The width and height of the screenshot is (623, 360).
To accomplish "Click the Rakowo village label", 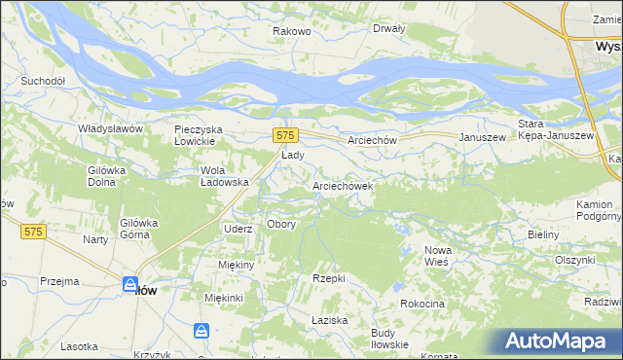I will click(x=291, y=32).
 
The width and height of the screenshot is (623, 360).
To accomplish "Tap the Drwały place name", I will click(x=388, y=28).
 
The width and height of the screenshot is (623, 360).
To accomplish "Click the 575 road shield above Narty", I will click(x=33, y=232).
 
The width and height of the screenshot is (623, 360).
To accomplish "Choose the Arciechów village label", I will click(x=373, y=140).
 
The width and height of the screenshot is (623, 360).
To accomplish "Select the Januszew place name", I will click(x=482, y=138).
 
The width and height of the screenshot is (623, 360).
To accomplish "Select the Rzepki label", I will click(x=329, y=278).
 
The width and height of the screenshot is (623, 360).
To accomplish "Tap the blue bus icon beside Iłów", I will click(x=129, y=284).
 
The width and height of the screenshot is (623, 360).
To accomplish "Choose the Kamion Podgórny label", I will click(x=594, y=210).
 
